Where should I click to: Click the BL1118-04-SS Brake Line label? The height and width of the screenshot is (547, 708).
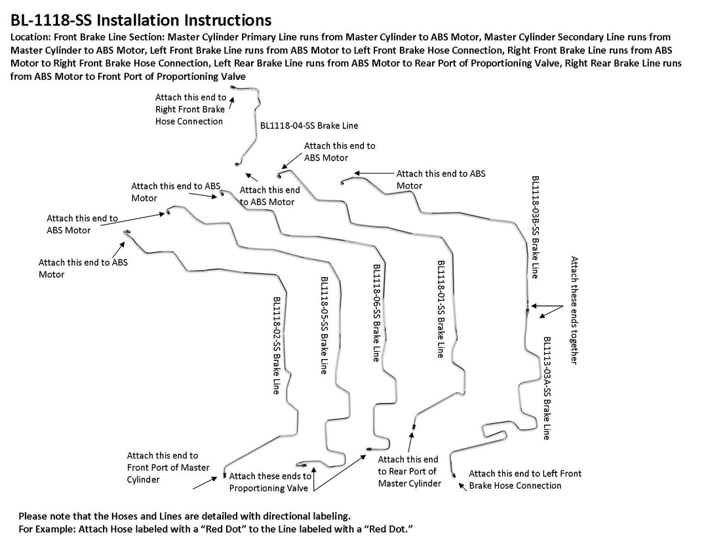(309, 125)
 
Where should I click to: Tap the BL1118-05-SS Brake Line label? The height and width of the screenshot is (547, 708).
(324, 325)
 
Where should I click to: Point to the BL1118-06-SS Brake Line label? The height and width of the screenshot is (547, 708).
(376, 313)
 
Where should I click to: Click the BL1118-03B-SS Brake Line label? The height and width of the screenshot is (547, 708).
(536, 227)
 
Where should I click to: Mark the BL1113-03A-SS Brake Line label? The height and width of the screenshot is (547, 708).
(547, 388)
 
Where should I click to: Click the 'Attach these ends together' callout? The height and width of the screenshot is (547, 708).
(574, 310)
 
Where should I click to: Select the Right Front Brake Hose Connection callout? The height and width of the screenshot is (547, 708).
(189, 109)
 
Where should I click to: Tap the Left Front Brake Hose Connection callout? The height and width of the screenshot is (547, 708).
(524, 479)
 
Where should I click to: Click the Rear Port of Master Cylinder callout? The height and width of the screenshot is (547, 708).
(408, 471)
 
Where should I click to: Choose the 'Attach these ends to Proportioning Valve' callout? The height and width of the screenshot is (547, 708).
(270, 481)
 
